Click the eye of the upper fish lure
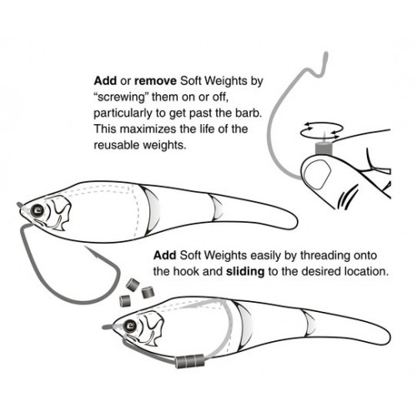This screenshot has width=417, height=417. (x=38, y=210)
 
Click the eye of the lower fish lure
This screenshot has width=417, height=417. (x=130, y=325)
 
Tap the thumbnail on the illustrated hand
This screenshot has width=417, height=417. (x=317, y=175)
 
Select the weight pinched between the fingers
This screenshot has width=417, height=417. (x=324, y=148)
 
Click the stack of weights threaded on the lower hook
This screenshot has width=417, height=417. (x=190, y=361)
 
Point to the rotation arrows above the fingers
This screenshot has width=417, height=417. (x=322, y=131)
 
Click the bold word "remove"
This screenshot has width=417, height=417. (x=155, y=81)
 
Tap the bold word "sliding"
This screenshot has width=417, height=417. (x=245, y=272)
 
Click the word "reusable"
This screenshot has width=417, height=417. (x=117, y=145)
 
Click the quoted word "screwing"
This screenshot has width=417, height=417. (x=121, y=98)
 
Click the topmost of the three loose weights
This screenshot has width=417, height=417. (x=133, y=284)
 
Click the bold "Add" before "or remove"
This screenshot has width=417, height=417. (x=105, y=81)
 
